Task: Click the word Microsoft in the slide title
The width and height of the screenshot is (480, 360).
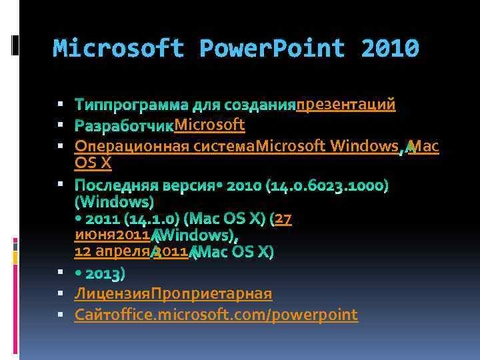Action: click(118, 48)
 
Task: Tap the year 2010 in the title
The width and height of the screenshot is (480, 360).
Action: click(389, 48)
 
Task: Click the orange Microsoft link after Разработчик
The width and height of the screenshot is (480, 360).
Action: click(209, 125)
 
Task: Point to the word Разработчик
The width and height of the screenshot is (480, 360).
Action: click(124, 125)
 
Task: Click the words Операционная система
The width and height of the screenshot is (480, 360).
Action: click(165, 146)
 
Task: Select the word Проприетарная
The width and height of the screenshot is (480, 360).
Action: click(211, 293)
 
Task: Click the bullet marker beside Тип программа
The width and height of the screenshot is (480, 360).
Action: click(60, 105)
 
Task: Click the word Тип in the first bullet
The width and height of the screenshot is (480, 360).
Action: click(87, 105)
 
